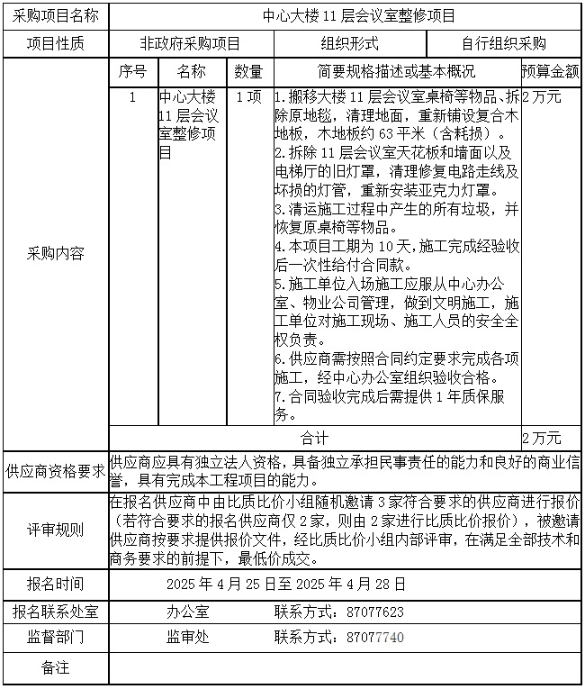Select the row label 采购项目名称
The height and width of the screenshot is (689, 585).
click(x=55, y=16)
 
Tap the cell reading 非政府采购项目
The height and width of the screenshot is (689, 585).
click(x=190, y=43)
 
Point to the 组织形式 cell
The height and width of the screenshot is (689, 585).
click(x=349, y=43)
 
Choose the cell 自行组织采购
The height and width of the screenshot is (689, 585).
click(x=503, y=43)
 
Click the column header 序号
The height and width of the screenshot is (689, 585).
click(x=132, y=72)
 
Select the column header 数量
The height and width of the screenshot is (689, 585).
click(x=248, y=72)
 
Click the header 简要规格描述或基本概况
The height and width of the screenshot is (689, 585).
click(x=397, y=72)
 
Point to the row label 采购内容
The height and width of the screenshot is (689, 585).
click(x=55, y=254)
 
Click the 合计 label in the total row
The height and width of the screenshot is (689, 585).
click(x=315, y=438)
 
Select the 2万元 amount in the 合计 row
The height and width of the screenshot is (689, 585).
click(x=542, y=438)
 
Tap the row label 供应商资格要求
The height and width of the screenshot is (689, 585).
click(x=55, y=470)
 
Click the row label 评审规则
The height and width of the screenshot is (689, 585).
click(x=55, y=530)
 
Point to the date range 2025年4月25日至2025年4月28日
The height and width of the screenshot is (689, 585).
click(x=286, y=584)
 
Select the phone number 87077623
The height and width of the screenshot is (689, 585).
click(x=374, y=612)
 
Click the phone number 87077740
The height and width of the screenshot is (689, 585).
click(x=374, y=637)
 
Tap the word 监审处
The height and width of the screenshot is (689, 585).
click(x=187, y=637)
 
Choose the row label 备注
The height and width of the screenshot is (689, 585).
click(x=55, y=667)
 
